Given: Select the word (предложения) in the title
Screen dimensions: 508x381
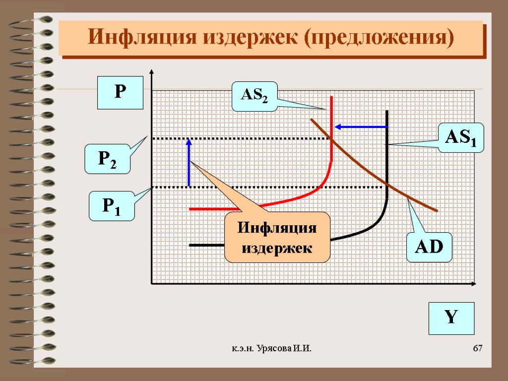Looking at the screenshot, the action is (x=380, y=38).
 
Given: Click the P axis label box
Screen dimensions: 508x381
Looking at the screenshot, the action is (x=120, y=92).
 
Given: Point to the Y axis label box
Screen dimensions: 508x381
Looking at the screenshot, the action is (x=451, y=318).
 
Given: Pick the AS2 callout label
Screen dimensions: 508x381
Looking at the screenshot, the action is (x=254, y=96).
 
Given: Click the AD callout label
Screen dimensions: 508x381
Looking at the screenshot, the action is (x=429, y=247).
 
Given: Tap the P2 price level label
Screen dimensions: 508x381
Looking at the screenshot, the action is (x=108, y=158).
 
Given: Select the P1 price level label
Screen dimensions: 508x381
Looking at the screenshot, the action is (x=112, y=205).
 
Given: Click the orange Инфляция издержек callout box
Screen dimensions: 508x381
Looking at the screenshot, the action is (x=277, y=237).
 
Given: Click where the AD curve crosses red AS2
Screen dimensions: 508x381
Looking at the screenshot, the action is (x=331, y=139).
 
